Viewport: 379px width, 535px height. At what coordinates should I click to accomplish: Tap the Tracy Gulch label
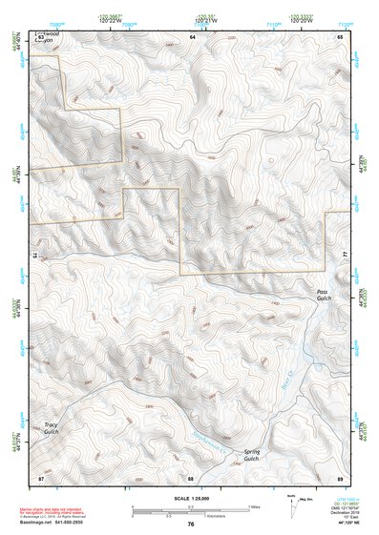(x=51, y=428)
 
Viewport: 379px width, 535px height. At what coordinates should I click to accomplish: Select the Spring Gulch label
(x=251, y=455)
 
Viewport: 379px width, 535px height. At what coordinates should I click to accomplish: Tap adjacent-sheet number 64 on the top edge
(x=191, y=35)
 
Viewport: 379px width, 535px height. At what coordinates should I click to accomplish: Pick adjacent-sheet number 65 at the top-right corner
(x=339, y=35)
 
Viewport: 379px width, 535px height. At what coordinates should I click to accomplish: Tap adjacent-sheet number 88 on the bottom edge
(x=191, y=477)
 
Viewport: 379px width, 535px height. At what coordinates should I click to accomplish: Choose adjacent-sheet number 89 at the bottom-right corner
(x=339, y=476)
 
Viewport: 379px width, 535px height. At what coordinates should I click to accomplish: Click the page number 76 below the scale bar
(x=191, y=524)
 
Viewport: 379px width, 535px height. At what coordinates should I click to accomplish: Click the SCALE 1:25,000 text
(x=191, y=499)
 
